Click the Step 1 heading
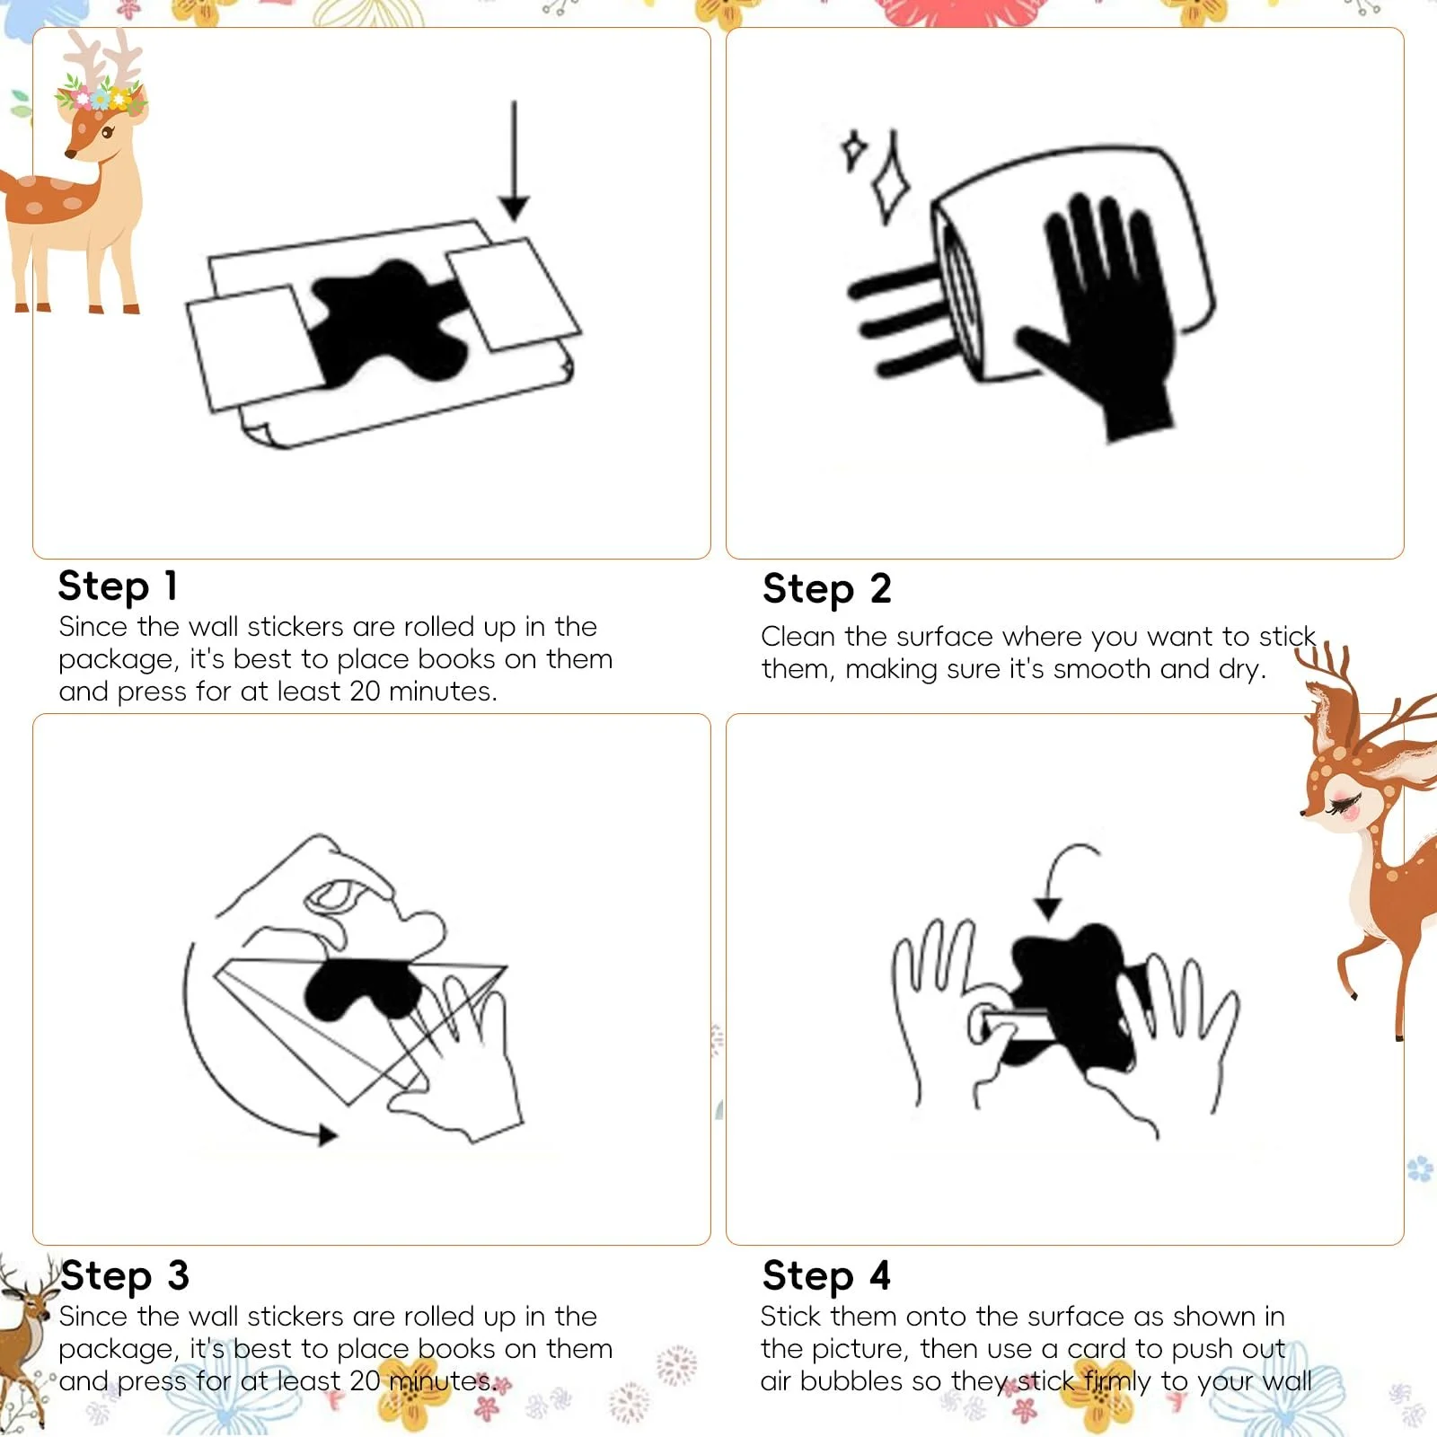coord(118,586)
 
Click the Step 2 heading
coord(826,589)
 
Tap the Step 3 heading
coord(125,1275)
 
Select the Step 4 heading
coord(826,1275)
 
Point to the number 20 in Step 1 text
coord(365,692)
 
